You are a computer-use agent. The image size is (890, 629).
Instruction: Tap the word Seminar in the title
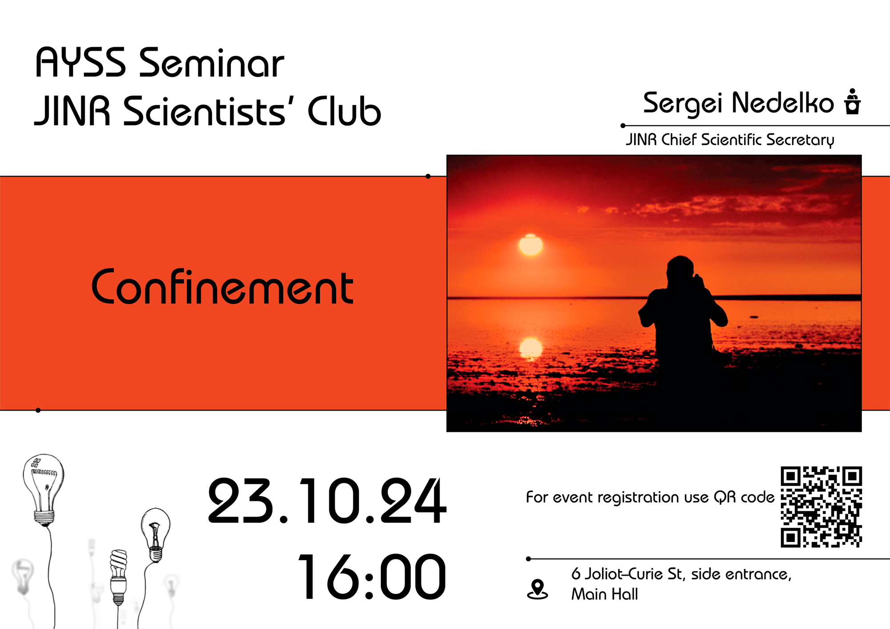(x=212, y=63)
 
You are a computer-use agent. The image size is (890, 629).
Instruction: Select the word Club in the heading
(x=344, y=111)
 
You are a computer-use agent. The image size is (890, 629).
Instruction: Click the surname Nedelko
(x=783, y=103)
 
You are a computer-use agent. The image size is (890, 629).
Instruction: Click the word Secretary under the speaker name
(x=800, y=140)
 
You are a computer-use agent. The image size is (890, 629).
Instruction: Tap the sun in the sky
(x=530, y=244)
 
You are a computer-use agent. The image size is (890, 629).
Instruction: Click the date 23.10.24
(x=327, y=501)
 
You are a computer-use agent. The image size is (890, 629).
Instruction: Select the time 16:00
(x=372, y=577)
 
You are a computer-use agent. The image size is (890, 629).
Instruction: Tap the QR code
(x=821, y=507)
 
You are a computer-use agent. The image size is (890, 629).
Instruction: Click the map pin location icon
(x=538, y=589)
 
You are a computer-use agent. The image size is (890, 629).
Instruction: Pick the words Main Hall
(x=604, y=594)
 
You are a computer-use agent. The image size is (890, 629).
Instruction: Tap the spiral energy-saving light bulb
(x=118, y=577)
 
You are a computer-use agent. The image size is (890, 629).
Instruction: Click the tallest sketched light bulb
(x=44, y=489)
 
